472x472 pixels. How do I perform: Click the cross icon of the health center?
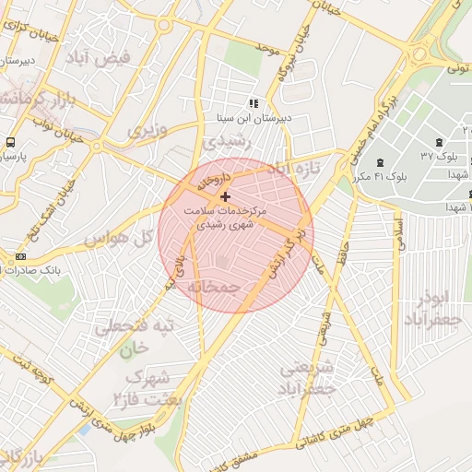click(x=225, y=196)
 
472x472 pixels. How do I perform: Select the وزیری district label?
click(x=147, y=130)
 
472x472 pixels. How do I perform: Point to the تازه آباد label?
click(x=293, y=168)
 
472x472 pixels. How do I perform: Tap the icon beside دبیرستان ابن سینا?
click(x=253, y=103)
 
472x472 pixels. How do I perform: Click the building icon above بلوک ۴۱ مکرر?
click(x=381, y=161)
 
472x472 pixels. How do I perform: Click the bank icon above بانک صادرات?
click(x=20, y=255)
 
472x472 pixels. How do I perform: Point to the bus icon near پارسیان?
click(x=10, y=142)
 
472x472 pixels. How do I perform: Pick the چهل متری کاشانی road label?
click(x=343, y=435)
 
